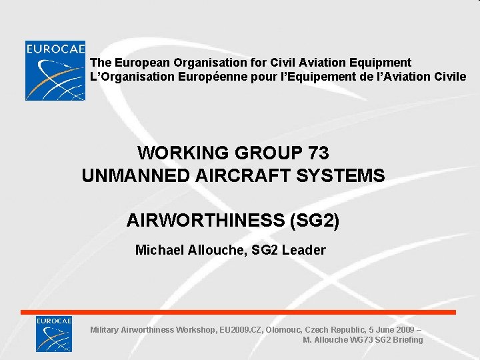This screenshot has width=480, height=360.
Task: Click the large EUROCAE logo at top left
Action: coord(55,71)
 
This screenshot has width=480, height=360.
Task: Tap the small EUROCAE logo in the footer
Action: coord(54,333)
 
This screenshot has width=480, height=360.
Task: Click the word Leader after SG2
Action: coord(303,250)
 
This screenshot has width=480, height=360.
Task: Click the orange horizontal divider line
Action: coord(238,312)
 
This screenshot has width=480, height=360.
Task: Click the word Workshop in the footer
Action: coord(194,329)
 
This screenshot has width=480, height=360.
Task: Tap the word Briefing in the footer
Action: coord(407,340)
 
